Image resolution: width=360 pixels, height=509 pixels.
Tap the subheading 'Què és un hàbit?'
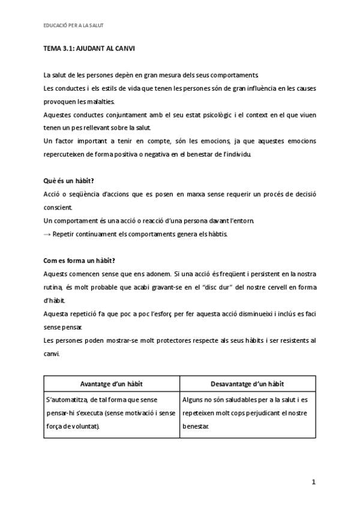tap(68, 181)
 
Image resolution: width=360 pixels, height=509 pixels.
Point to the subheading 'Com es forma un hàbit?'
tap(79, 260)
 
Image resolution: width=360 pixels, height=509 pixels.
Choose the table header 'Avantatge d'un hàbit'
tap(112, 384)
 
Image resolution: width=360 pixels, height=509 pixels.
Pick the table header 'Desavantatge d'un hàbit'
tap(247, 384)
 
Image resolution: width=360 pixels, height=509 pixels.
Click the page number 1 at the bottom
tap(313, 481)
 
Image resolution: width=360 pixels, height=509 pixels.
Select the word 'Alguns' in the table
tap(193, 399)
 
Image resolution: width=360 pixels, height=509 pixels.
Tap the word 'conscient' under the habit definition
tap(58, 207)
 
